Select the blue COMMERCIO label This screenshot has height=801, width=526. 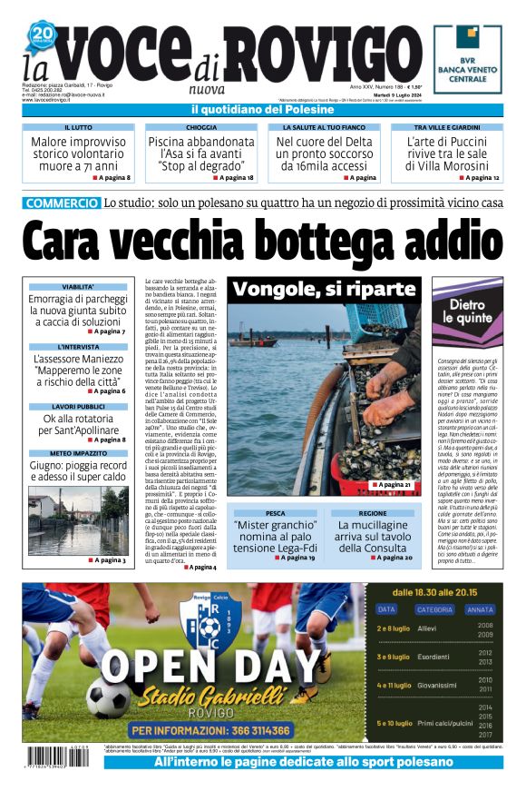(x=62, y=203)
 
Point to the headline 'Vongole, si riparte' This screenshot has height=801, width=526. (x=323, y=290)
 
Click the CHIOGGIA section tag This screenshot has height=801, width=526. (x=200, y=128)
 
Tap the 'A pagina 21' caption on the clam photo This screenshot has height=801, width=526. (x=392, y=486)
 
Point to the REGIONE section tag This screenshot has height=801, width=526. (x=372, y=513)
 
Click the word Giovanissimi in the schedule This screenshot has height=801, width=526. (x=437, y=686)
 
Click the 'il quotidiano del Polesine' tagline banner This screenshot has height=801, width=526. (x=262, y=110)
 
